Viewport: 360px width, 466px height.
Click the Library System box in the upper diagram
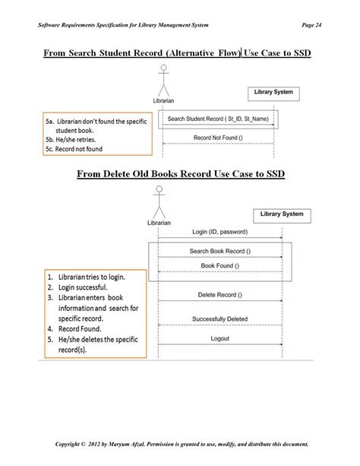pos(273,93)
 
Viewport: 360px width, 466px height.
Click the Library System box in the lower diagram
pos(281,214)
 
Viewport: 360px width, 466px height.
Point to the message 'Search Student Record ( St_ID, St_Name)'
pos(216,119)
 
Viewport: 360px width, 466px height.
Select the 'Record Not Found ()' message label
pos(218,137)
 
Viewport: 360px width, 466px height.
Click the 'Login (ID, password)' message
pos(219,231)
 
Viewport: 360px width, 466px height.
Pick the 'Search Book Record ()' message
pos(219,251)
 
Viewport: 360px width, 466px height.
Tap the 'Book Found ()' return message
pos(219,265)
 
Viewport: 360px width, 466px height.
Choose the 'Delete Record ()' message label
pos(219,294)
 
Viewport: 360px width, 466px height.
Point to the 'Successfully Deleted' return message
pos(219,319)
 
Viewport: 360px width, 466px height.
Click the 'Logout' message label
pos(219,338)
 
